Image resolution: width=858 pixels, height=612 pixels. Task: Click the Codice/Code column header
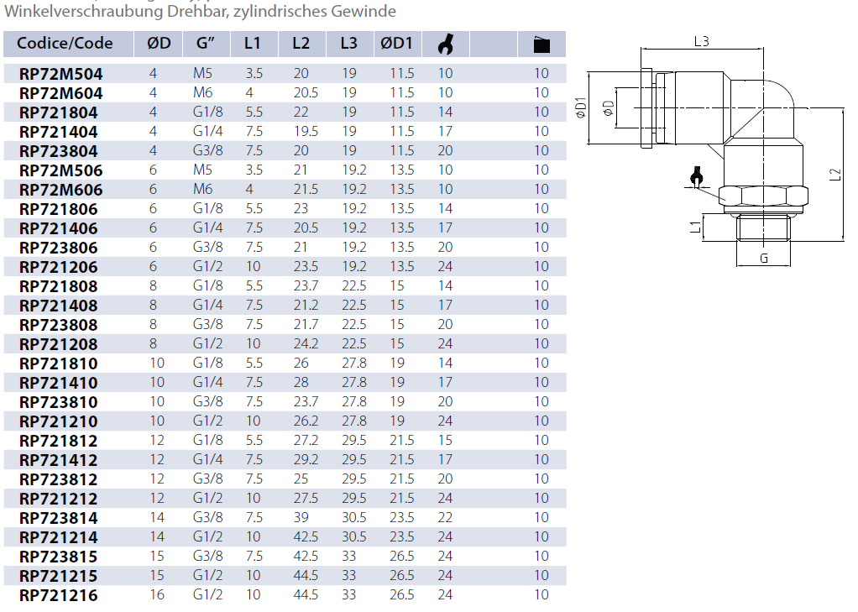65,44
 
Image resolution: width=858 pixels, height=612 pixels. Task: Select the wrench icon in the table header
446,44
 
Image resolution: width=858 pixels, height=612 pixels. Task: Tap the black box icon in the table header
541,44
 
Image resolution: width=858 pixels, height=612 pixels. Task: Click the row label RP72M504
60,74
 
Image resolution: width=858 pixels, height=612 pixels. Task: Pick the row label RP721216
59,595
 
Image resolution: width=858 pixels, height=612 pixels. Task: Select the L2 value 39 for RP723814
301,517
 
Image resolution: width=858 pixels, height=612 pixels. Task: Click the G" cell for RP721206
208,267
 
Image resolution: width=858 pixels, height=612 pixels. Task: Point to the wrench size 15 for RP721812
446,440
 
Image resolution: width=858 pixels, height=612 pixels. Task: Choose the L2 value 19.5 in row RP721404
306,131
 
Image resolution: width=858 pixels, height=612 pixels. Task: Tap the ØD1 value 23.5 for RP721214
402,537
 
